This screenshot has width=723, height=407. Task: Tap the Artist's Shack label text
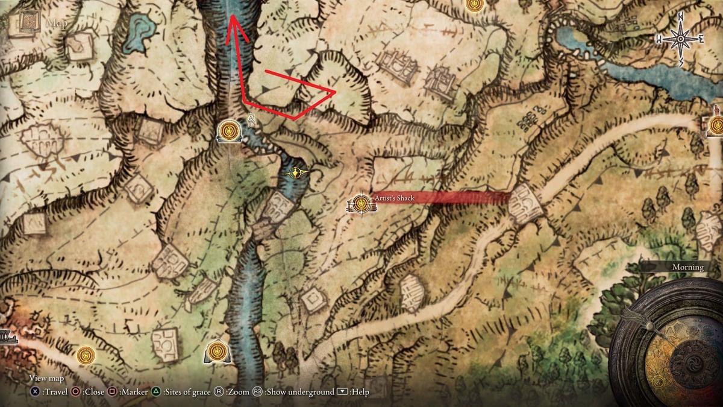click(394, 198)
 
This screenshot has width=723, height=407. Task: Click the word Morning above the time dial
click(687, 267)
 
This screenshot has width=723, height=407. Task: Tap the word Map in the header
click(57, 24)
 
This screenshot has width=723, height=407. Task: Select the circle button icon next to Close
click(76, 392)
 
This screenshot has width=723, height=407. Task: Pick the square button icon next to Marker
click(113, 392)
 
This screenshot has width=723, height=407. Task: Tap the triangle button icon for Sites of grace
click(156, 392)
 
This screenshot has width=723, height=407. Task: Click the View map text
click(46, 379)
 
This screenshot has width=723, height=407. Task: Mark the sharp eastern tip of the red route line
click(334, 92)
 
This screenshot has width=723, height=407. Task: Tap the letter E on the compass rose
click(701, 39)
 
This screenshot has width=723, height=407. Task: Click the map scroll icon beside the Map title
click(29, 23)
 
